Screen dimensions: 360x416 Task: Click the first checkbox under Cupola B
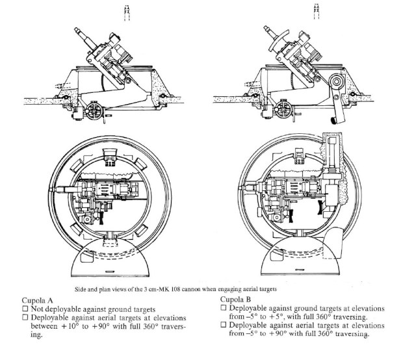(x=224, y=307)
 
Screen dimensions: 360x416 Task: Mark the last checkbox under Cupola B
(x=224, y=326)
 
